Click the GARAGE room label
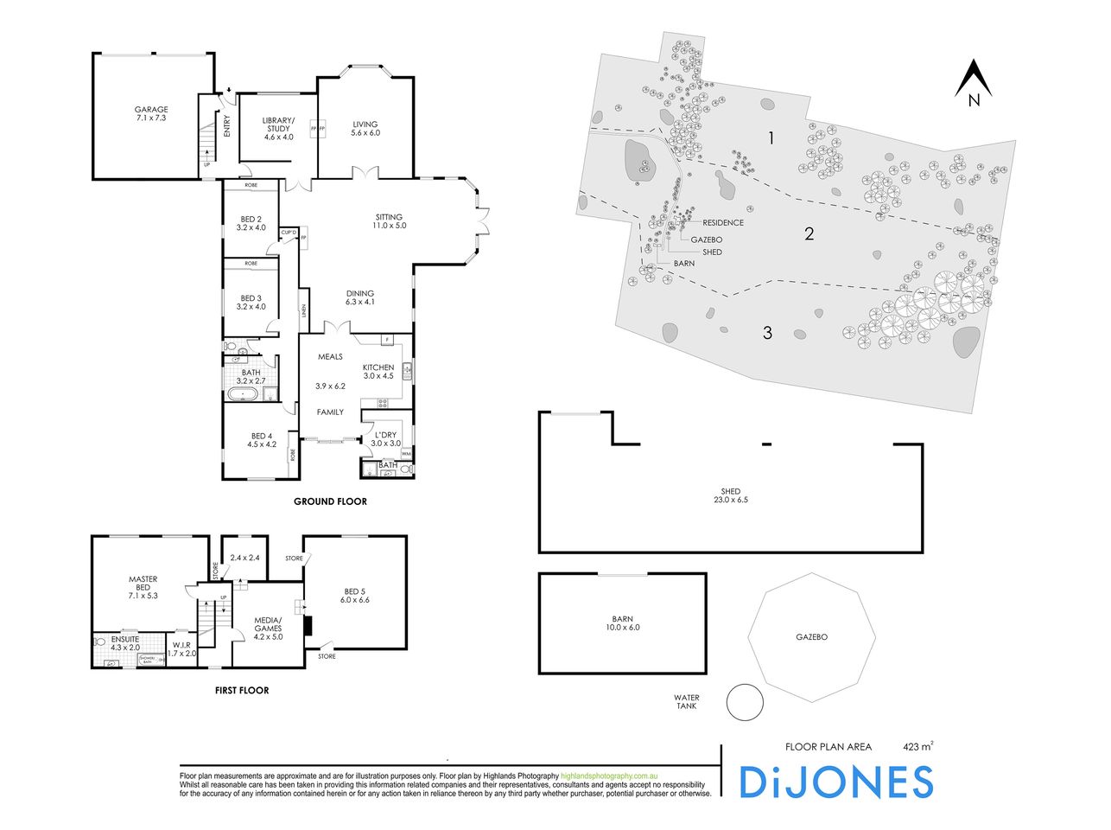pyautogui.click(x=150, y=110)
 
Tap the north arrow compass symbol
pyautogui.click(x=974, y=83)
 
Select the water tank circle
pyautogui.click(x=744, y=702)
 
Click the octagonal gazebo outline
pyautogui.click(x=811, y=637)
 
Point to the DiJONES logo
pyautogui.click(x=835, y=782)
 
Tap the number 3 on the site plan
pyautogui.click(x=767, y=333)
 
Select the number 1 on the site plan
pyautogui.click(x=771, y=137)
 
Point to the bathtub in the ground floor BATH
pyautogui.click(x=244, y=396)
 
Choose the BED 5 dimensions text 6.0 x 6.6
pyautogui.click(x=354, y=599)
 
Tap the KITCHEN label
pyautogui.click(x=378, y=367)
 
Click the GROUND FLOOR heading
pyautogui.click(x=330, y=501)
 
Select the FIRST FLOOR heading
pyautogui.click(x=241, y=690)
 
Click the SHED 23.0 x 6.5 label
pyautogui.click(x=730, y=495)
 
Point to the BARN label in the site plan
pyautogui.click(x=683, y=263)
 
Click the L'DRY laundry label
pyautogui.click(x=386, y=434)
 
